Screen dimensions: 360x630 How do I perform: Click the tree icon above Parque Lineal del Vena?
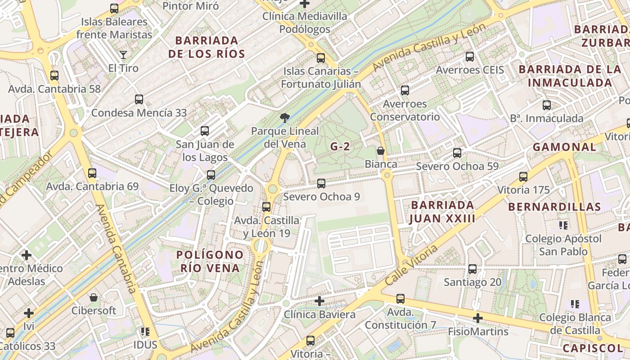284,118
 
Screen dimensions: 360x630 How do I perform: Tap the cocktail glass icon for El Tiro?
123,55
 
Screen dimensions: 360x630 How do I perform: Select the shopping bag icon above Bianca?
381,151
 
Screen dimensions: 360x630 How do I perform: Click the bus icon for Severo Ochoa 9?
321,184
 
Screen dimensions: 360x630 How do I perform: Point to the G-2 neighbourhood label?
340,146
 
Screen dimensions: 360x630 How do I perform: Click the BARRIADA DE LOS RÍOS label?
207,47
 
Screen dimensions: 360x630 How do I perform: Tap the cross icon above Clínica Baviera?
319,301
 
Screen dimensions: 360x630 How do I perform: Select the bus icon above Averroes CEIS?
470,57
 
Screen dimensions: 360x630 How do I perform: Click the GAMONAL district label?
564,147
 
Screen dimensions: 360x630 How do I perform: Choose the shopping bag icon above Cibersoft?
94,297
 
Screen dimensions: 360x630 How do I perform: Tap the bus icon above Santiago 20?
472,269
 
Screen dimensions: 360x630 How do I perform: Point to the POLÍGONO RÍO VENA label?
210,261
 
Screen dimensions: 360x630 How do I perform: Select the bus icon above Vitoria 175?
523,177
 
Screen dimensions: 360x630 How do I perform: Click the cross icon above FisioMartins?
477,319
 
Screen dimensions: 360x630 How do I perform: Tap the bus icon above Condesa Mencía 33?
139,99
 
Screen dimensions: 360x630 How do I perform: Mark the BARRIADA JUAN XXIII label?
443,212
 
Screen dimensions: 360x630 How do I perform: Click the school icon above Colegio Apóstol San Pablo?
563,225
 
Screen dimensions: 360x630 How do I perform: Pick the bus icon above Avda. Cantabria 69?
92,173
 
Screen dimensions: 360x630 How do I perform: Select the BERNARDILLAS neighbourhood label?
554,207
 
